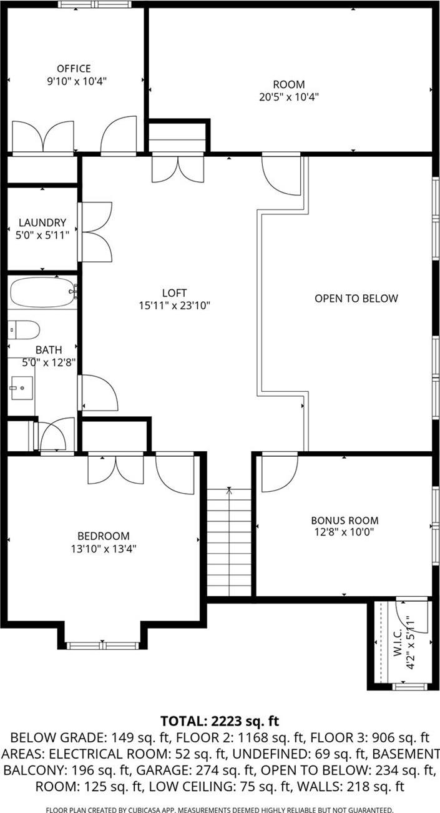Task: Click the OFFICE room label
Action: coord(74,69)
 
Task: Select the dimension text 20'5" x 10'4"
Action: coord(289,97)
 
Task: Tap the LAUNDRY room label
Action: coord(42,222)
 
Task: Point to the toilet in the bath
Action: coord(25,329)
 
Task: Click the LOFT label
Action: coord(174,293)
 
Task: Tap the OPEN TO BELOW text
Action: coord(356,299)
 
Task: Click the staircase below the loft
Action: coord(230,542)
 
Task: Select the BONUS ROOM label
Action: coord(345,520)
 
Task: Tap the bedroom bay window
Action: coord(103,644)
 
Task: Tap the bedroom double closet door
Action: coord(115,469)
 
